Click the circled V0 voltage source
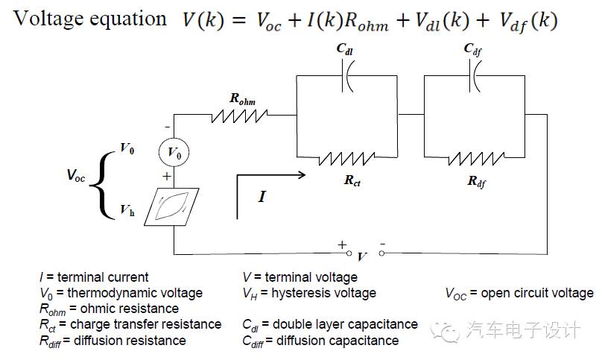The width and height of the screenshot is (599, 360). tap(174, 154)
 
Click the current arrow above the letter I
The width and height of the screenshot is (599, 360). tap(271, 176)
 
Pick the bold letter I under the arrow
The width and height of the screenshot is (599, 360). tap(262, 198)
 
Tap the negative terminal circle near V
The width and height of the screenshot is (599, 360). tap(381, 253)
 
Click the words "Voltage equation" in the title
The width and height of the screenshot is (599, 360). tap(90, 19)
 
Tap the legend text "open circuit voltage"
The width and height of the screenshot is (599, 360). tap(537, 293)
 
